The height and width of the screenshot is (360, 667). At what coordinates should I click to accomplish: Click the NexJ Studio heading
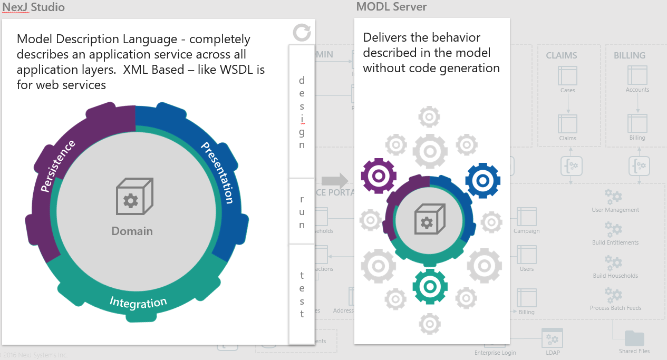[34, 7]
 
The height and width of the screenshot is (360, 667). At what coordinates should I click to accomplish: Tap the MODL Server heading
[391, 7]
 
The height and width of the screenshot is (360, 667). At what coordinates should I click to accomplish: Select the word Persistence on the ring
[58, 166]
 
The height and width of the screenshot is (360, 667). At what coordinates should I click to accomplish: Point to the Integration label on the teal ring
[138, 302]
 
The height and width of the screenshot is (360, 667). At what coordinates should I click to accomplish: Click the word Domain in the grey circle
[132, 231]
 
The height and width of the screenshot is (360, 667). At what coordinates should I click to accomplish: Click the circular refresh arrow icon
[302, 32]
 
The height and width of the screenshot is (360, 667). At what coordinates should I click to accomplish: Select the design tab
[302, 112]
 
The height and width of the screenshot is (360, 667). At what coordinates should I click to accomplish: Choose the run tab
[302, 212]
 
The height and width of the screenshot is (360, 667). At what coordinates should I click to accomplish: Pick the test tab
[302, 295]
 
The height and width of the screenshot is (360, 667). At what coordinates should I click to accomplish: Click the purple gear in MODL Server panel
[378, 176]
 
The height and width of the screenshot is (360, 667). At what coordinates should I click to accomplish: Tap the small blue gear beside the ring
[482, 180]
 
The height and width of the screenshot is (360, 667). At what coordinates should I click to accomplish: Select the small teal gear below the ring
[430, 287]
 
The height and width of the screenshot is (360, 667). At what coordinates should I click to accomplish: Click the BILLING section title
[629, 55]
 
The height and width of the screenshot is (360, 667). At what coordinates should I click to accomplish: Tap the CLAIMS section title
[561, 55]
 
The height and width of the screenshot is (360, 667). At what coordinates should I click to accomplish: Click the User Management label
[615, 210]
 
